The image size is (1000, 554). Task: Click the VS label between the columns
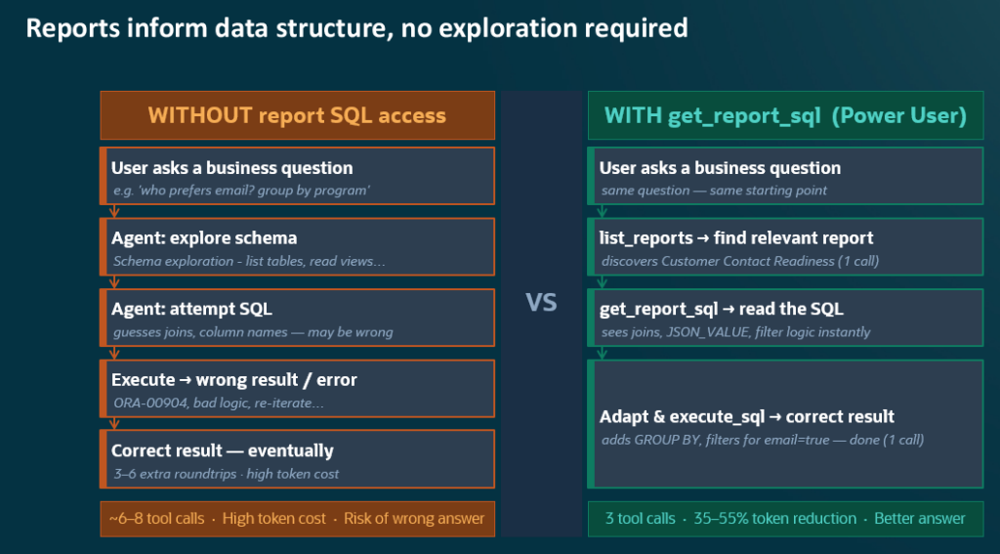point(541,303)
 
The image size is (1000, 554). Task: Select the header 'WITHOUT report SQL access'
point(297,115)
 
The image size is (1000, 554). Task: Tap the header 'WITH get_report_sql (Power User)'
point(785,115)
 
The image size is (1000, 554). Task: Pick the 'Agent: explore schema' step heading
point(204,238)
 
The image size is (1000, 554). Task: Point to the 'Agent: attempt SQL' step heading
point(192,309)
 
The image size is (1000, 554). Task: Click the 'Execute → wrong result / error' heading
point(234,380)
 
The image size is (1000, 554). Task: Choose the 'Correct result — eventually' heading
point(223,450)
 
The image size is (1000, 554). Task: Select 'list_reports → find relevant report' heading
point(736,238)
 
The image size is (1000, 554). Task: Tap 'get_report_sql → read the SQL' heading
point(722,309)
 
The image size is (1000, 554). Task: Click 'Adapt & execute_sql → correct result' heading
point(747,417)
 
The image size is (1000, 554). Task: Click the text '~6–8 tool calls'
point(157,518)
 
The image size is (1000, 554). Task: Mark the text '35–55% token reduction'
point(774,518)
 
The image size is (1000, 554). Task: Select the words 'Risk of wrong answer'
point(414,518)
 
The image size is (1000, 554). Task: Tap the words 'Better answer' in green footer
point(920,518)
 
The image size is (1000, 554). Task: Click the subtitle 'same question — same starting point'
point(714,191)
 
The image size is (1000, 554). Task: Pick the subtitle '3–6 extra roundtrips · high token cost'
point(227,474)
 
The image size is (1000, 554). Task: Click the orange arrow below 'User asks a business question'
point(114,211)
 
